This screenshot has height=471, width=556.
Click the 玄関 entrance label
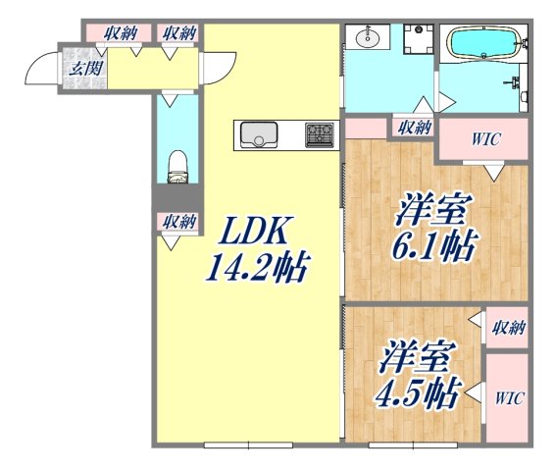[x=80, y=69]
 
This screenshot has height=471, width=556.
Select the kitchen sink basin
[x=259, y=133]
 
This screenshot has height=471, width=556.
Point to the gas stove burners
[x=321, y=134]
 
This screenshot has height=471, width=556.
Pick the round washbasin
[x=368, y=39]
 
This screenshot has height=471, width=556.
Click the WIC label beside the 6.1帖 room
[x=484, y=139]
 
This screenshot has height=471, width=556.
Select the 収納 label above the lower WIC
[x=509, y=328]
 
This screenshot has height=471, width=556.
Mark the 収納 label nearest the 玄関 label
[x=122, y=32]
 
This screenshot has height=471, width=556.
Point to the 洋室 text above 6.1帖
[x=434, y=210]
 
